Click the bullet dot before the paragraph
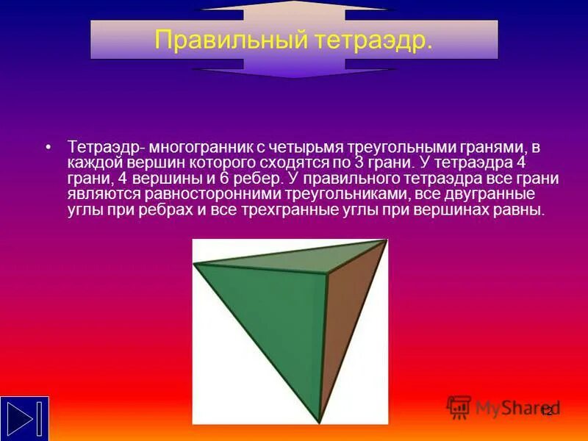pos(49,146)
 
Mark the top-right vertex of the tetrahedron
pos(385,241)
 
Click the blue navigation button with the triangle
pos(24,417)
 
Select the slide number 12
pos(546,410)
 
